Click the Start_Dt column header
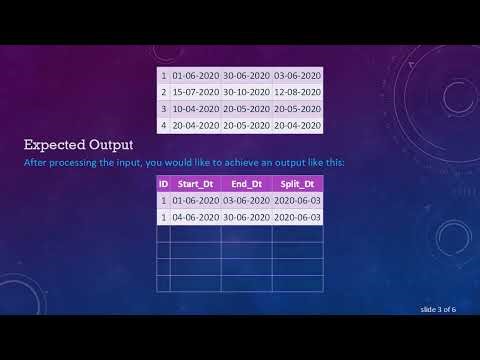pos(195,184)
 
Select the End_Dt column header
pos(246,184)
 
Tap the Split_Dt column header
pos(297,184)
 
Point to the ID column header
pos(163,184)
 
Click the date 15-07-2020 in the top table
pos(195,92)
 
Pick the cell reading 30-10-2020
pos(246,92)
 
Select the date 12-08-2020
pos(297,92)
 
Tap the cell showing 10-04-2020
pos(195,109)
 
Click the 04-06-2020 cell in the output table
pos(195,217)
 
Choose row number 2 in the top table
pos(163,92)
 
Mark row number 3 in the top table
pos(163,109)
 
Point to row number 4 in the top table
pos(163,126)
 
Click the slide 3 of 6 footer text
pos(437,309)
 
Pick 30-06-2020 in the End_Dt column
pos(246,217)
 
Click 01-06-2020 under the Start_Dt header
pos(195,200)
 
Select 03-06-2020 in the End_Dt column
pos(246,200)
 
